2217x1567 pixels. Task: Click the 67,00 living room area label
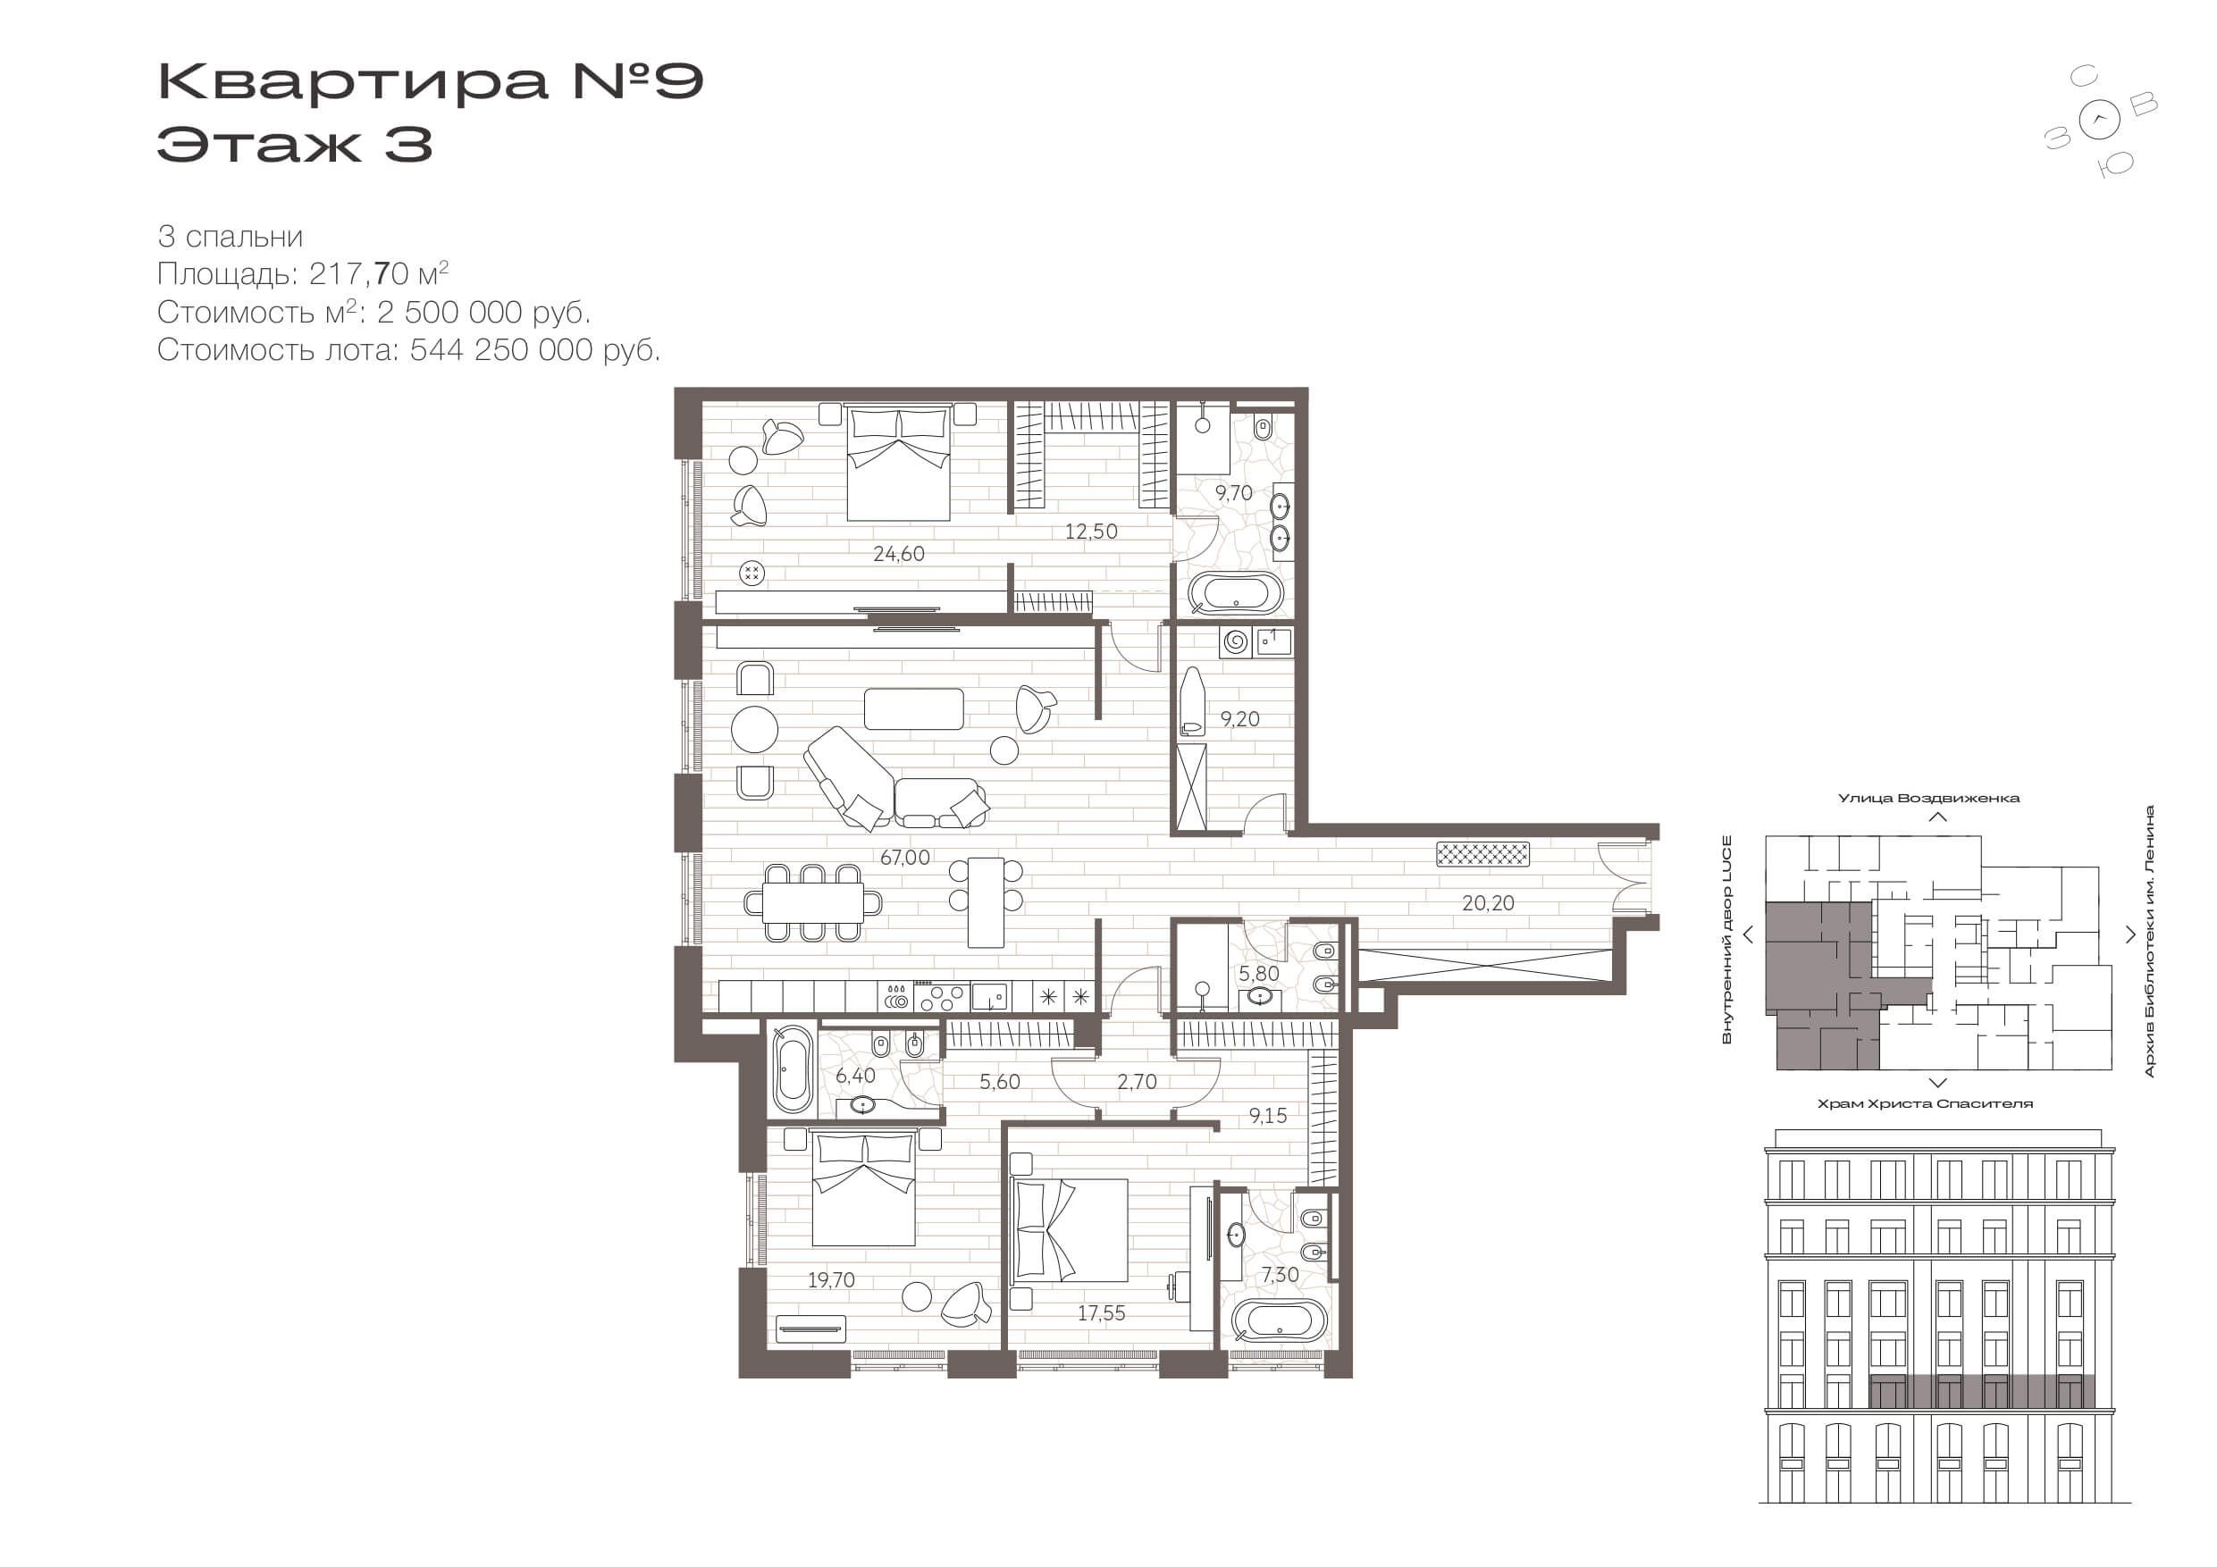pos(904,858)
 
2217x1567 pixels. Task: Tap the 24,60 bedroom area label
pos(898,554)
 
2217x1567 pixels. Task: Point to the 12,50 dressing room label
pos(1091,532)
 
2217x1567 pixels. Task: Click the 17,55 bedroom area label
pos(1101,1313)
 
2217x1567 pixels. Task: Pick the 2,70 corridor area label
pos(1137,1082)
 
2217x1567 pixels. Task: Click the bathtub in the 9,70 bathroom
pos(1235,594)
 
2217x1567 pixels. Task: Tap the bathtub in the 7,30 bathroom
pos(1280,1320)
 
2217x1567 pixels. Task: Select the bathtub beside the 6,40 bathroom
pos(793,1068)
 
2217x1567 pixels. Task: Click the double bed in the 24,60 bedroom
pos(898,463)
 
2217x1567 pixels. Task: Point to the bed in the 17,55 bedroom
pos(1070,1230)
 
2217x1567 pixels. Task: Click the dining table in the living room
pos(813,902)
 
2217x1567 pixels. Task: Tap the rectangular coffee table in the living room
pos(913,708)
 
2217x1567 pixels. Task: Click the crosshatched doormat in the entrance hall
pos(1483,854)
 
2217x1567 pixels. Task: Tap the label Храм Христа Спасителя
pos(1926,1103)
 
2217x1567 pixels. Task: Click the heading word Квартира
pos(352,81)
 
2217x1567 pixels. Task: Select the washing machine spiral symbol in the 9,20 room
pos(1236,641)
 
